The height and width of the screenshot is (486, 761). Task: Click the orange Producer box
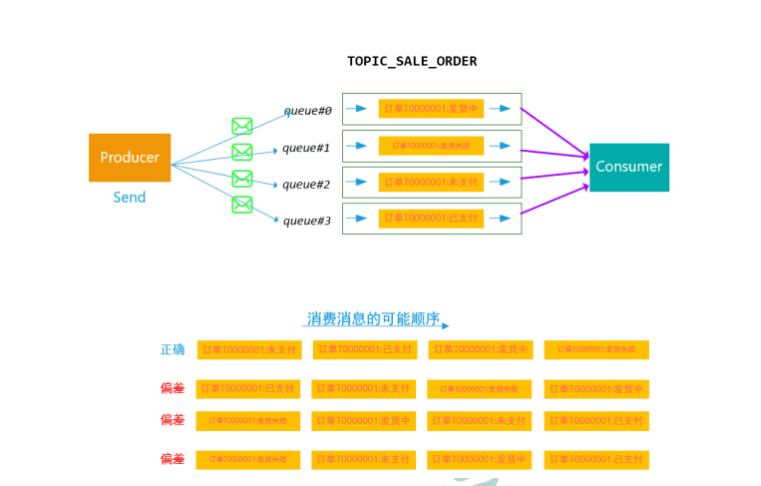pyautogui.click(x=130, y=158)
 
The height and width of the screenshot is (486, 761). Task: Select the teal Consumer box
pyautogui.click(x=628, y=167)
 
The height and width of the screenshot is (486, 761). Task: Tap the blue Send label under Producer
pyautogui.click(x=130, y=198)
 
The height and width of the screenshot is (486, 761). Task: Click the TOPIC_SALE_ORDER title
pyautogui.click(x=412, y=61)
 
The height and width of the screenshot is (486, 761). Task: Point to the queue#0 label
pyautogui.click(x=307, y=110)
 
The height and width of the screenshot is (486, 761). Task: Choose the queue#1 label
pyautogui.click(x=306, y=147)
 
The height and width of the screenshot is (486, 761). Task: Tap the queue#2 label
pyautogui.click(x=306, y=184)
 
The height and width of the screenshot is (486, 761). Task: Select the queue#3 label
pyautogui.click(x=306, y=220)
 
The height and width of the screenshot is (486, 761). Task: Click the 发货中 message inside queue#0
pyautogui.click(x=431, y=109)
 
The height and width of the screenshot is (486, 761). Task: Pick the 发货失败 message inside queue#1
pyautogui.click(x=431, y=146)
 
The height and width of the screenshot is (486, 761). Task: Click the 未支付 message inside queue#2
pyautogui.click(x=431, y=182)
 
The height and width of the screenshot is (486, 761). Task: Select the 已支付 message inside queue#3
pyautogui.click(x=431, y=218)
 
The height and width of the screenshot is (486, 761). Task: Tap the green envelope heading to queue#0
pyautogui.click(x=242, y=126)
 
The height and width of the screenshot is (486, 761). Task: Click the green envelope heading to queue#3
pyautogui.click(x=242, y=205)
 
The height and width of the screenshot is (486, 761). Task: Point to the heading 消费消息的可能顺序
pyautogui.click(x=373, y=318)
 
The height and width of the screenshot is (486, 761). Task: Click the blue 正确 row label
pyautogui.click(x=173, y=349)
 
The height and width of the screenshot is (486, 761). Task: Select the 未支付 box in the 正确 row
pyautogui.click(x=249, y=350)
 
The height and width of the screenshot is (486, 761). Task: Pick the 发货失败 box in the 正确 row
pyautogui.click(x=596, y=349)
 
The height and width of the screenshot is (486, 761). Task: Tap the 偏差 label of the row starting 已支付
pyautogui.click(x=173, y=388)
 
